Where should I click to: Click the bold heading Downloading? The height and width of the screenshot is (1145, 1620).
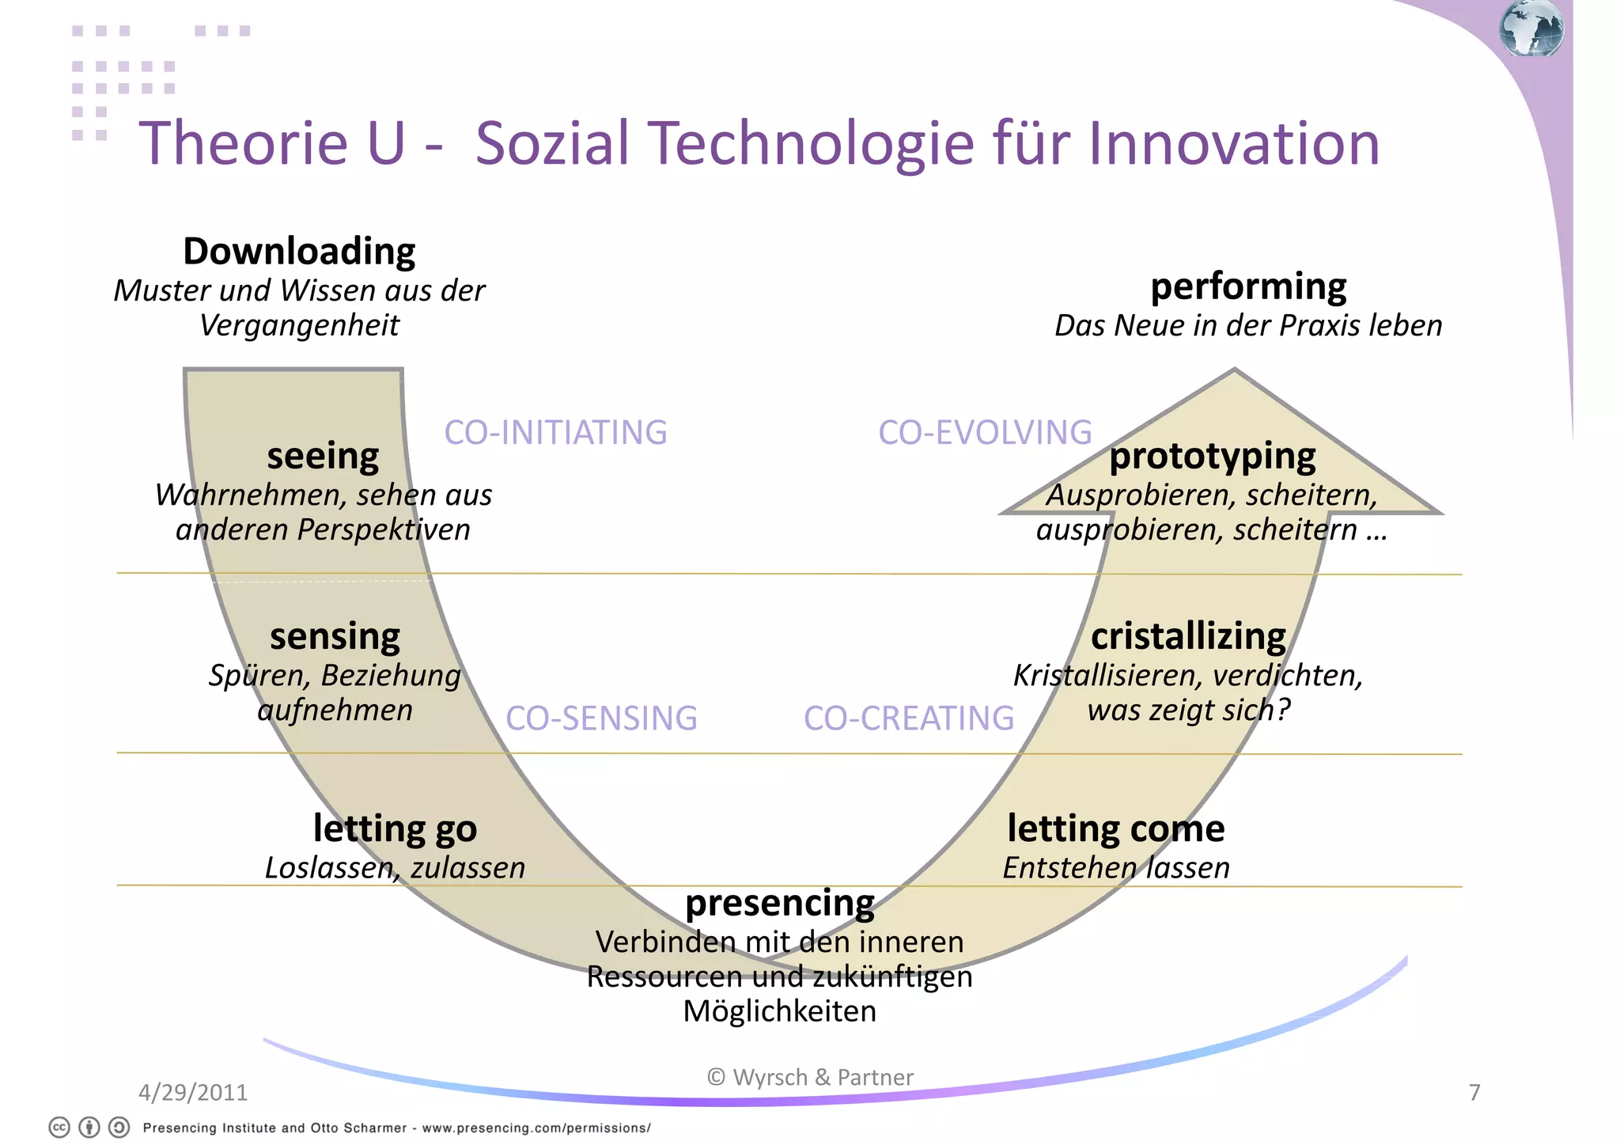[299, 252]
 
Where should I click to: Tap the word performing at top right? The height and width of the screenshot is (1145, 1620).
[1248, 286]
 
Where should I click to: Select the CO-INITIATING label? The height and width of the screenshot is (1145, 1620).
[555, 433]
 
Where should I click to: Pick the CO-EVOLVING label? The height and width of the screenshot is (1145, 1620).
[985, 433]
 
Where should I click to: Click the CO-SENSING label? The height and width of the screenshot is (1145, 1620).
[601, 718]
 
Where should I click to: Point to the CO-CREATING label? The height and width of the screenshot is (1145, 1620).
[909, 718]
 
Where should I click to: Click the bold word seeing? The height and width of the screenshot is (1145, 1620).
[323, 457]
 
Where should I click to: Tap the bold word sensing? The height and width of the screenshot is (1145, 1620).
[335, 637]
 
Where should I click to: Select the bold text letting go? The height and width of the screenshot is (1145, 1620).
[395, 829]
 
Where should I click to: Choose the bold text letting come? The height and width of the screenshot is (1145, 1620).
[1115, 829]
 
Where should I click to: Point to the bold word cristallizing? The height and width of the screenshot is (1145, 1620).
[1188, 637]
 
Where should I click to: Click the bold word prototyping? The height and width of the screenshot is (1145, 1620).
[1212, 457]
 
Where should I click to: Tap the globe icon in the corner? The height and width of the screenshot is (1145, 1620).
[1531, 28]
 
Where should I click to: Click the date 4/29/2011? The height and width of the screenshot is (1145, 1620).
[193, 1093]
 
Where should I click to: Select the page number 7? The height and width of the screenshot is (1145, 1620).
[1474, 1093]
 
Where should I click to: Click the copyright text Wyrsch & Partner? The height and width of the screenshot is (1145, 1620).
[810, 1078]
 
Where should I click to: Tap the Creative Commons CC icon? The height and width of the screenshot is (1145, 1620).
[59, 1128]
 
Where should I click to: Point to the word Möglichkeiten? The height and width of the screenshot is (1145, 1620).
[780, 1011]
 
